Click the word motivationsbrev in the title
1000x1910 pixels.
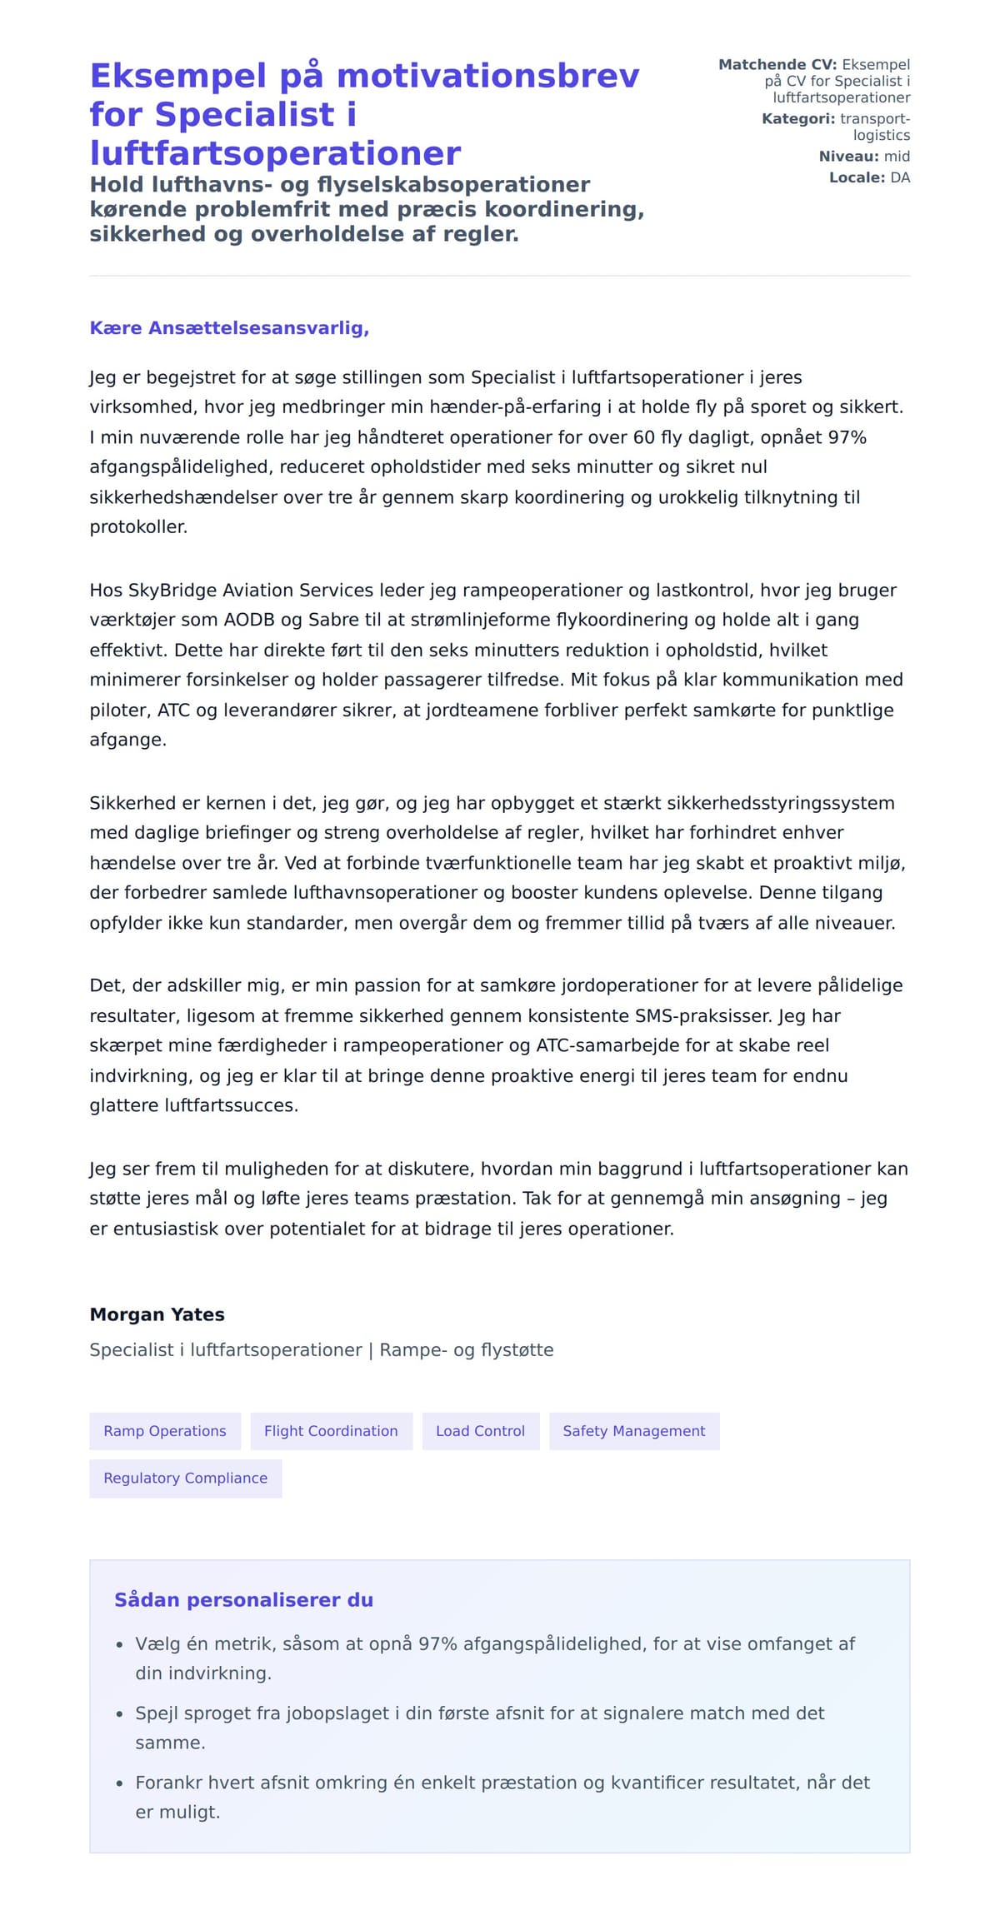(x=487, y=76)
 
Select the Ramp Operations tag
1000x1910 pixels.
(x=165, y=1431)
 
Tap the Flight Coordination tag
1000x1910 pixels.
(x=331, y=1431)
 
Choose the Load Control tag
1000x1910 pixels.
(x=480, y=1431)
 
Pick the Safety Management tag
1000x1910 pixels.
(x=633, y=1431)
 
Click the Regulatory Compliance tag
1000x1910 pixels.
(x=185, y=1478)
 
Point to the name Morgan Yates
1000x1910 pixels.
(x=157, y=1314)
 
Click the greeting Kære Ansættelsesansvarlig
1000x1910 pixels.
(x=229, y=328)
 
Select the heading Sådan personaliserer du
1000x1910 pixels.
(x=243, y=1600)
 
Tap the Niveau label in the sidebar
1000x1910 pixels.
(x=848, y=157)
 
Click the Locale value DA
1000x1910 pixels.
(x=900, y=177)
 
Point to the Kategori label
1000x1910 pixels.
(x=797, y=119)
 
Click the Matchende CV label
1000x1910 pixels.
(x=777, y=65)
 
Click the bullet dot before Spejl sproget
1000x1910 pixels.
(x=119, y=1715)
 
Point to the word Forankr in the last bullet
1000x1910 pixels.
(x=169, y=1783)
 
